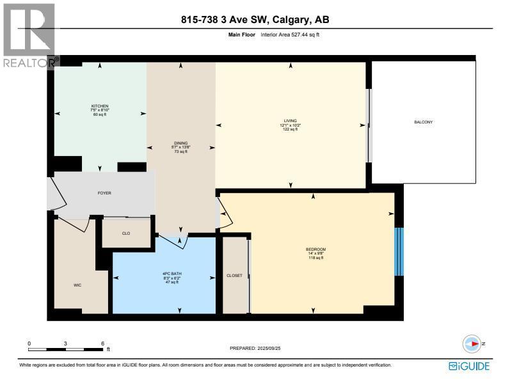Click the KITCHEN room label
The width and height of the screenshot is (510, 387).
click(x=100, y=106)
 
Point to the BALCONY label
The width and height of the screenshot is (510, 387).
click(x=424, y=122)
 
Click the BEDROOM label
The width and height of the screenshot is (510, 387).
click(x=316, y=249)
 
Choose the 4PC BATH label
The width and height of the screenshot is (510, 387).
click(x=164, y=275)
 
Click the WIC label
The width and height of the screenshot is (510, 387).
click(x=77, y=286)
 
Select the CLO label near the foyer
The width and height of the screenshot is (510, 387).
click(x=126, y=233)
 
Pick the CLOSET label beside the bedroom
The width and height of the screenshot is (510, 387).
click(x=234, y=276)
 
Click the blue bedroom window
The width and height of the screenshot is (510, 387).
click(x=399, y=251)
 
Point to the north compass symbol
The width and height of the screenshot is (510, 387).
click(x=472, y=344)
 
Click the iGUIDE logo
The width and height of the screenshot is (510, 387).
click(x=469, y=367)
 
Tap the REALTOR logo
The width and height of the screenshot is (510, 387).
click(x=28, y=35)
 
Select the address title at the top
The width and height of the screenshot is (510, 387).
click(x=255, y=20)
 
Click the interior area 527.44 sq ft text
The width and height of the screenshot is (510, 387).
click(x=290, y=35)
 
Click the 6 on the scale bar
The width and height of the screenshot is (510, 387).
click(x=102, y=344)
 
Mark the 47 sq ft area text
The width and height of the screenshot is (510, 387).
click(x=164, y=283)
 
